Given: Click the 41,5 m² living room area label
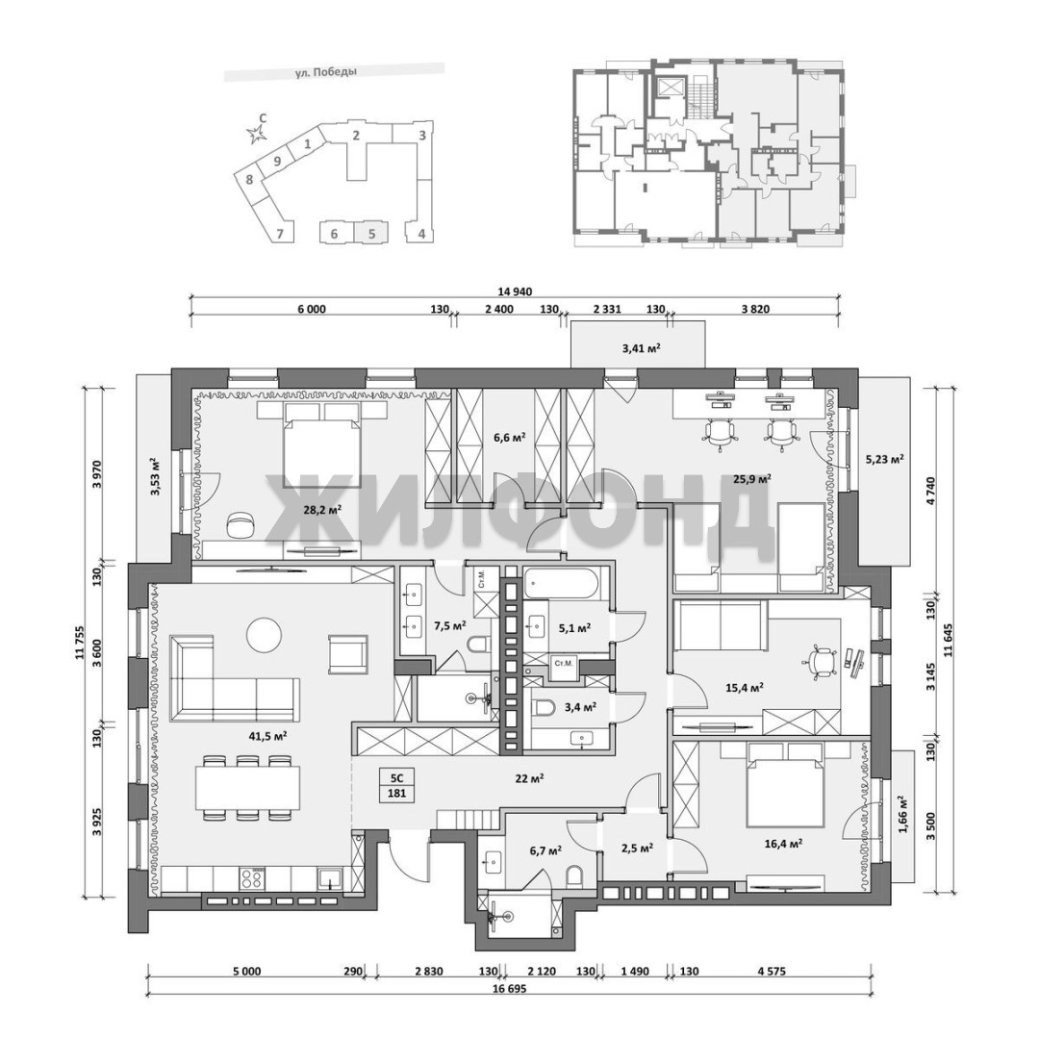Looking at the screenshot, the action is (x=267, y=736).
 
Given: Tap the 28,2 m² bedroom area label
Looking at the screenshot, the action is (x=322, y=509).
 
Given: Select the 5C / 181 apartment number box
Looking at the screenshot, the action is (x=397, y=785).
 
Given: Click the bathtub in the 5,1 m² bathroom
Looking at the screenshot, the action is (x=562, y=582).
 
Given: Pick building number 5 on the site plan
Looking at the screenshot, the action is (x=371, y=233).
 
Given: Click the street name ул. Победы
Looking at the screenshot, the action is (x=325, y=73).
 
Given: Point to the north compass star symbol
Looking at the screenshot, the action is (x=255, y=136).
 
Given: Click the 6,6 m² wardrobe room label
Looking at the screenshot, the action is (x=510, y=437).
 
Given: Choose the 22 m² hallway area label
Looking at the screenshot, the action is (x=529, y=779).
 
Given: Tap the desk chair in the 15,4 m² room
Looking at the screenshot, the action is (x=821, y=661).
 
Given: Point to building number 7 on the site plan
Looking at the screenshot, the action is (x=280, y=233).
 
